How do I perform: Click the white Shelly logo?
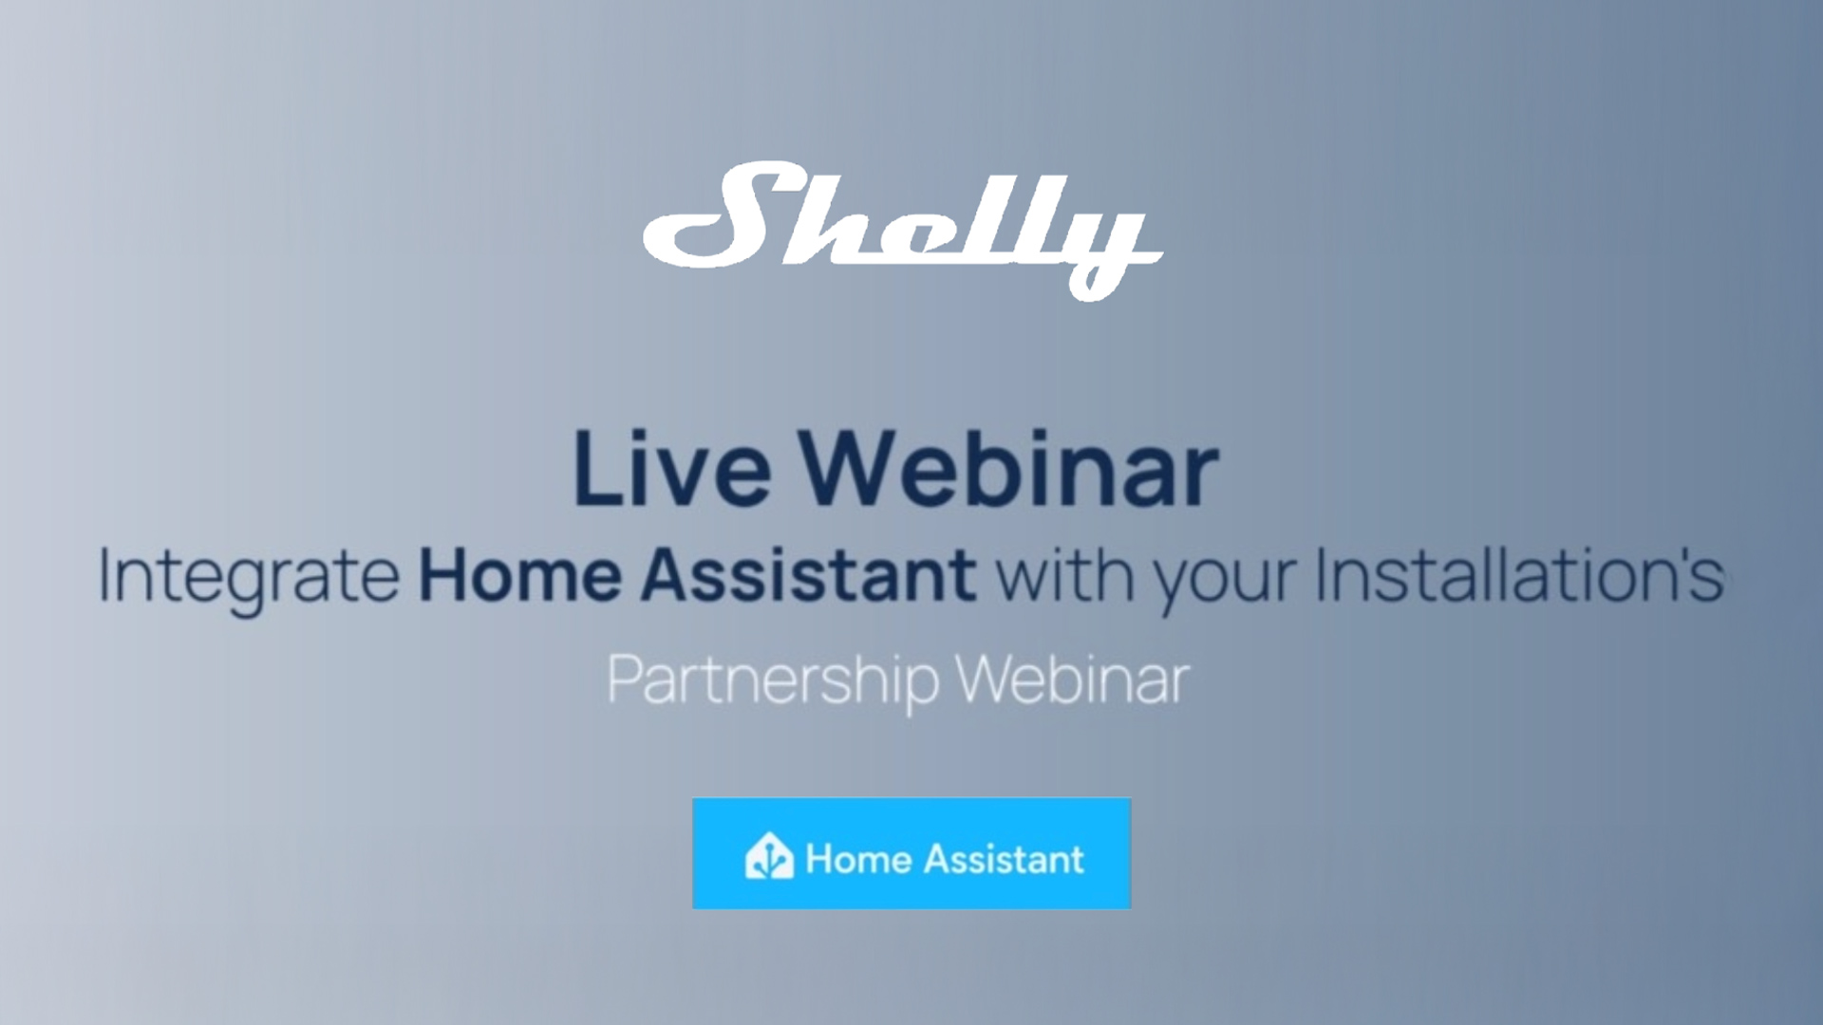[902, 231]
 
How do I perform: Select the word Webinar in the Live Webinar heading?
[1008, 467]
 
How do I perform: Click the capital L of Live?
[598, 469]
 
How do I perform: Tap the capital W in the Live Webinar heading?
[850, 469]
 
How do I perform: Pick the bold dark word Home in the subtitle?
[520, 574]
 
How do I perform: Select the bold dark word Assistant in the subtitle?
[808, 574]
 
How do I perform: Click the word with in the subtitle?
[1064, 574]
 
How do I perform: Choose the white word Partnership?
[773, 681]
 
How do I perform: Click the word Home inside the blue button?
[858, 859]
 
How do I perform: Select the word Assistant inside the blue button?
[1004, 859]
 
